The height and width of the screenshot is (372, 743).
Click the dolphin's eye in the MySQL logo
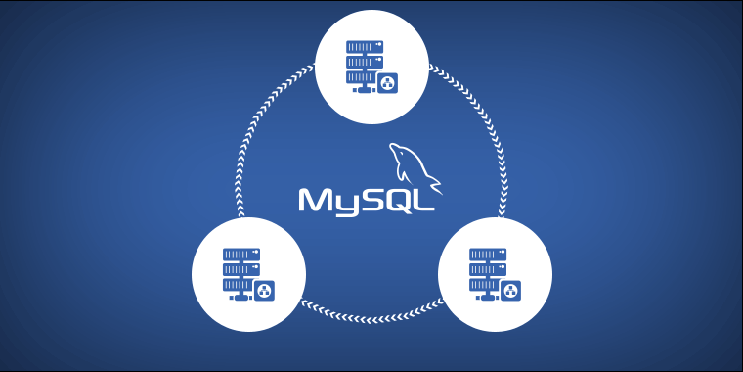[x=398, y=150]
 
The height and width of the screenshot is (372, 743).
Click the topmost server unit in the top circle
[x=363, y=45]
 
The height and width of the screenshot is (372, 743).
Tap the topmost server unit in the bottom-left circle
[x=240, y=253]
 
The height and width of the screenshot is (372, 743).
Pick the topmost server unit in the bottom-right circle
[x=487, y=253]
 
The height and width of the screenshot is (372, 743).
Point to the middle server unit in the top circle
[x=363, y=61]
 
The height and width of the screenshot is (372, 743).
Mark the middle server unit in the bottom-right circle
[x=487, y=268]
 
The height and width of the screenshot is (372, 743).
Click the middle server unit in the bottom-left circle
[x=240, y=268]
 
